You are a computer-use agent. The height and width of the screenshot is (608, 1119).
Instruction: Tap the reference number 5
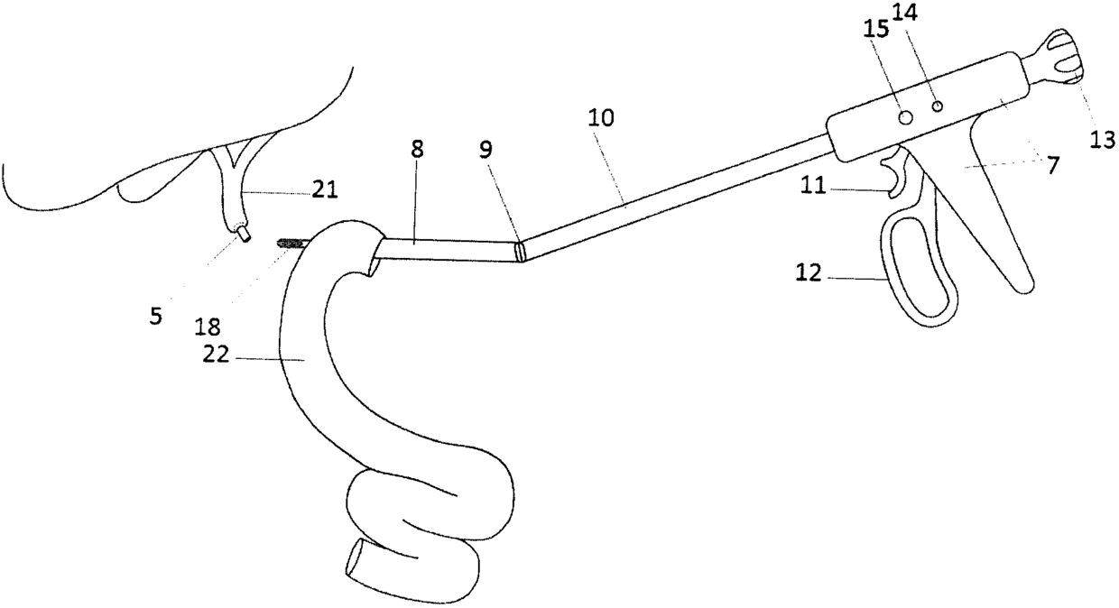[156, 316]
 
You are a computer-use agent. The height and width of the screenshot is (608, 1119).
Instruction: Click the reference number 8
[416, 151]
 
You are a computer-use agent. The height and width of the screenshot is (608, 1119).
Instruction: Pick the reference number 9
[486, 151]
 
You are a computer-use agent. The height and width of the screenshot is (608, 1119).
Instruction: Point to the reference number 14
[940, 14]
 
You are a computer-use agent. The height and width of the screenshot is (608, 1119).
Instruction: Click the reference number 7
[1053, 165]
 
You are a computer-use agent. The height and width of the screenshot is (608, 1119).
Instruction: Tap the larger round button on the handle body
[907, 117]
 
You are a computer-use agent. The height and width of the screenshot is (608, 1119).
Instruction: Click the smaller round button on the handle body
[938, 106]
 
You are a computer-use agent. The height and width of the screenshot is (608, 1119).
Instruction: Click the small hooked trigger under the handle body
[893, 176]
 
